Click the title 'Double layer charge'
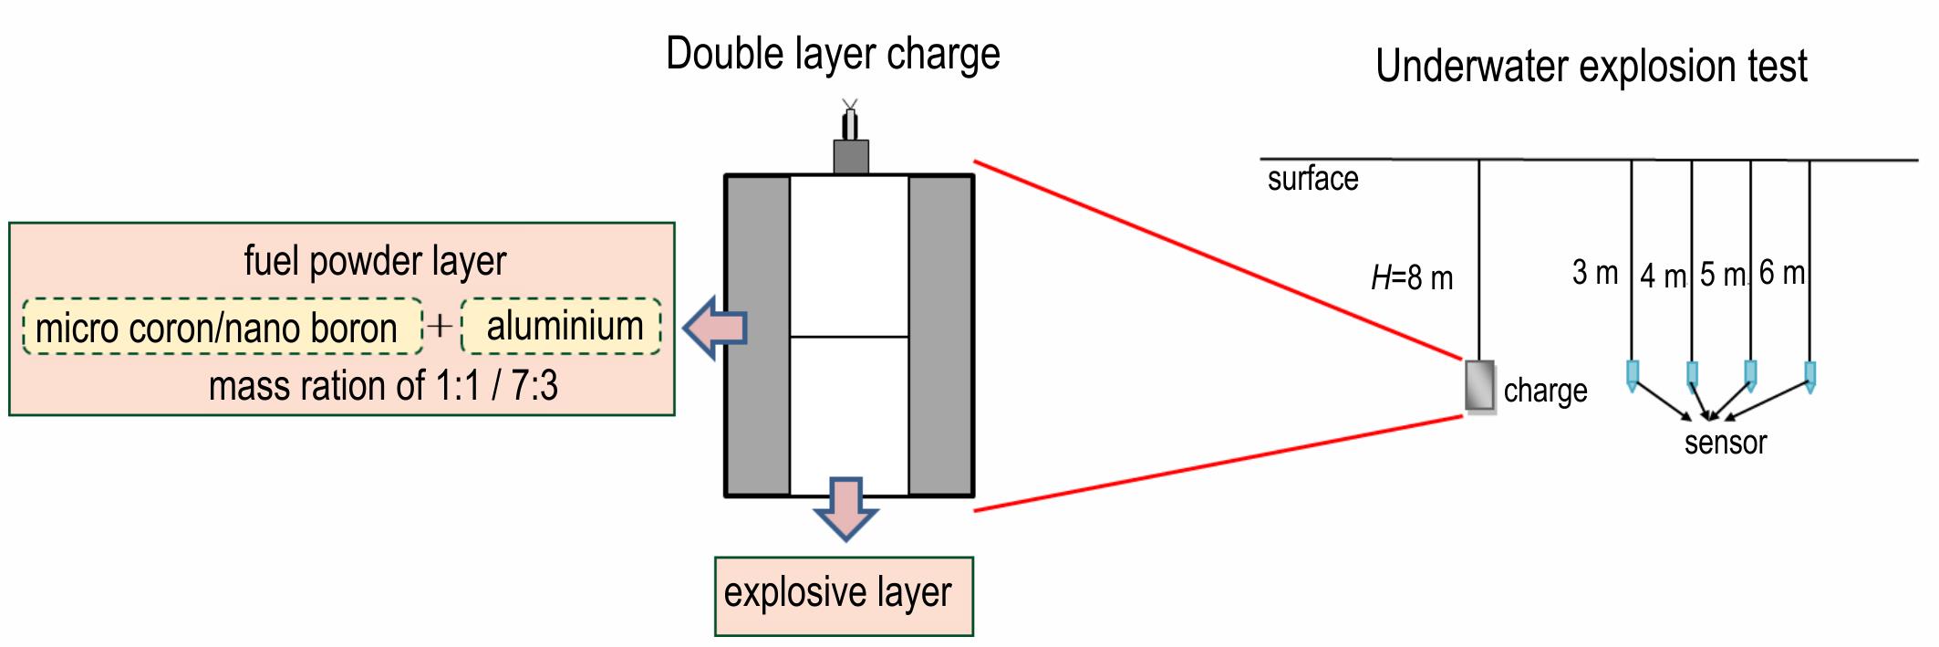tap(833, 55)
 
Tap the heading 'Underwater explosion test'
tap(1592, 67)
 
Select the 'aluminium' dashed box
tap(562, 327)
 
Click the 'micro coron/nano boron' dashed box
tap(223, 327)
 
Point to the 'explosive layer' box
tap(844, 596)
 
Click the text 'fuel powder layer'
tap(375, 262)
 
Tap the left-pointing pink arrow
tap(715, 328)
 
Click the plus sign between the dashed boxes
tap(440, 326)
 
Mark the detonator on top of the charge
tap(850, 137)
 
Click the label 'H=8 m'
tap(1412, 277)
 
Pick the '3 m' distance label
tap(1595, 272)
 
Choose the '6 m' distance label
tap(1782, 272)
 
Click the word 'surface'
tap(1312, 179)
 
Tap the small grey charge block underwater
tap(1480, 387)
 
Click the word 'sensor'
tap(1726, 443)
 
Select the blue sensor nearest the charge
tap(1633, 375)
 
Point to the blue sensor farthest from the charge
tap(1810, 376)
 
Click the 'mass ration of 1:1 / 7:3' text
tap(383, 386)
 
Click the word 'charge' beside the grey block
tap(1545, 391)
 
